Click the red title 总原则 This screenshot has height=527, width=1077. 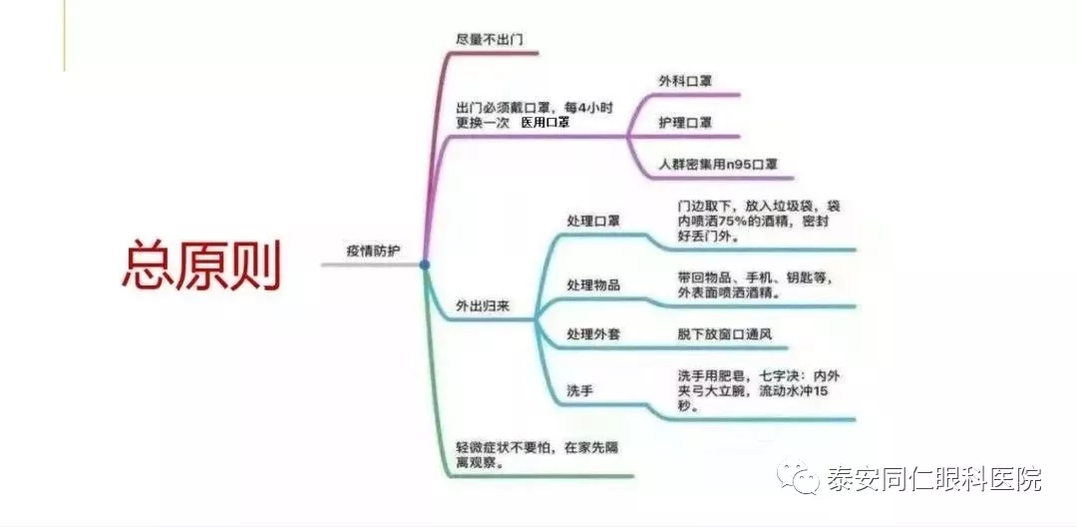click(x=201, y=265)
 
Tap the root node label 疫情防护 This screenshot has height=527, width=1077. click(x=373, y=251)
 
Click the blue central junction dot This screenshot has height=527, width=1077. click(x=425, y=264)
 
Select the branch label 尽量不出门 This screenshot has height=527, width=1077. click(x=490, y=39)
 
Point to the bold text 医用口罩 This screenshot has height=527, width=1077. click(x=545, y=123)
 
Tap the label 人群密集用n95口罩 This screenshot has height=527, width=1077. click(x=718, y=165)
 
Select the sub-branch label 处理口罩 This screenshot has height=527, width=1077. click(x=593, y=222)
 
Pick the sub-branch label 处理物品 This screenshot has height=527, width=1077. click(x=593, y=284)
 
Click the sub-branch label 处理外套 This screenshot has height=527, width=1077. click(x=593, y=334)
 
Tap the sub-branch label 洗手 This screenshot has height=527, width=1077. click(x=580, y=391)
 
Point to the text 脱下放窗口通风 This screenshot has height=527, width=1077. click(x=725, y=334)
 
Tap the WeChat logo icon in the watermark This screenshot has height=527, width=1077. click(x=798, y=477)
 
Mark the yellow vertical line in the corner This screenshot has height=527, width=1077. click(x=65, y=35)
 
